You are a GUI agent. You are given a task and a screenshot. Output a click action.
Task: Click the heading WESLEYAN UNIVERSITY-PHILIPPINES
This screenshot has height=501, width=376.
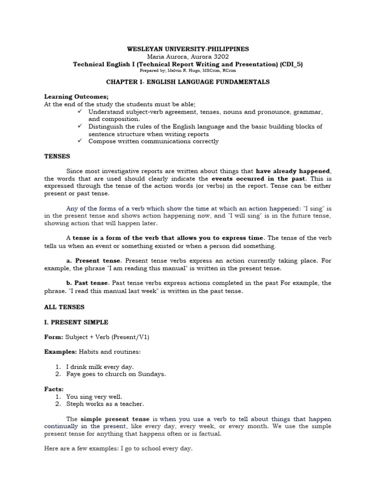[188, 49]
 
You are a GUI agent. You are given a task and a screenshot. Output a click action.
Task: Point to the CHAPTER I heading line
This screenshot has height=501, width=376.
[188, 82]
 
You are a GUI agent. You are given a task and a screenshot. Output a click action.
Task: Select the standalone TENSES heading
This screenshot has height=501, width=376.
[57, 157]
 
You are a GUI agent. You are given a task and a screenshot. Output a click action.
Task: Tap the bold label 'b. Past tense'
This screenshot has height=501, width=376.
[88, 283]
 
